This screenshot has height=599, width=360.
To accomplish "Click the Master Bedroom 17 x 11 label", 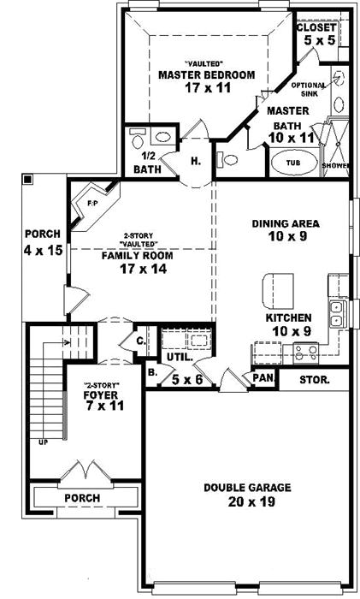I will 206,80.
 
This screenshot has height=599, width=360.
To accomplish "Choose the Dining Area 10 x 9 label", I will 286,231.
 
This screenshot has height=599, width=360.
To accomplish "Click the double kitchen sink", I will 336,314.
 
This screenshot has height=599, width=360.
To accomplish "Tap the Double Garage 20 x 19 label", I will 247,495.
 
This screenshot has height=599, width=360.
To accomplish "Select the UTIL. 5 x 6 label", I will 182,368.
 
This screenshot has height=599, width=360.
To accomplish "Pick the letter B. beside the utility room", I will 151,372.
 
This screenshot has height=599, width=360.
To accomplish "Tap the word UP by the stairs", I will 43,442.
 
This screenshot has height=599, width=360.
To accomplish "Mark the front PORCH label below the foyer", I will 82,497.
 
